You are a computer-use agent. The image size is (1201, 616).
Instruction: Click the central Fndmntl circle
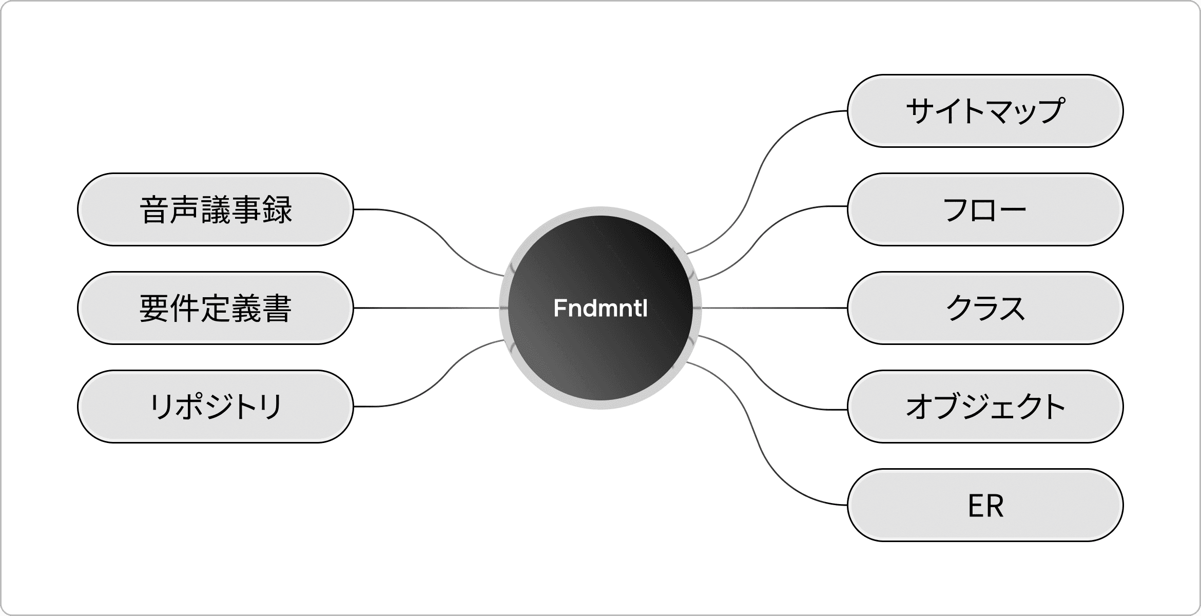(600, 334)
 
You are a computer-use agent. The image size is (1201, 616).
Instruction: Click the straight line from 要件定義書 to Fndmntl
(426, 308)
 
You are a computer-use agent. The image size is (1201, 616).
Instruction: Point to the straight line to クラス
(770, 308)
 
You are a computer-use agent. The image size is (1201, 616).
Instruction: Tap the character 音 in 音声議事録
(154, 209)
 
